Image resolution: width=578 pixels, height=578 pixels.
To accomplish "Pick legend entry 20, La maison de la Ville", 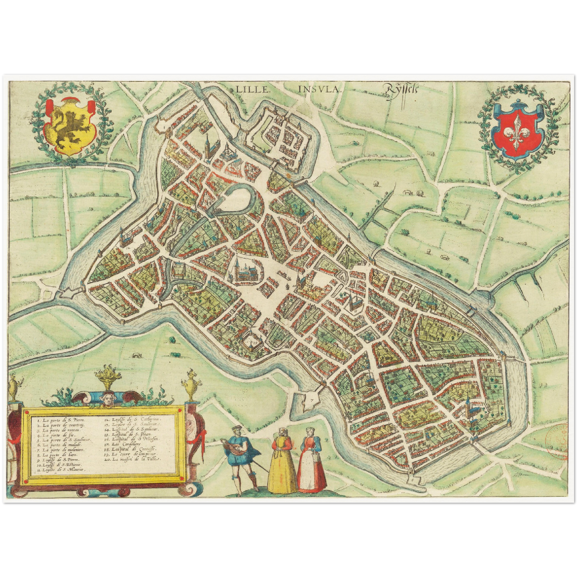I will pyautogui.click(x=136, y=460).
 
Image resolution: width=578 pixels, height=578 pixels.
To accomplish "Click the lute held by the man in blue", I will pyautogui.click(x=234, y=443).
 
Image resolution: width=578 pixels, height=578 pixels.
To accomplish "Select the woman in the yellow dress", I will pyautogui.click(x=282, y=464).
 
